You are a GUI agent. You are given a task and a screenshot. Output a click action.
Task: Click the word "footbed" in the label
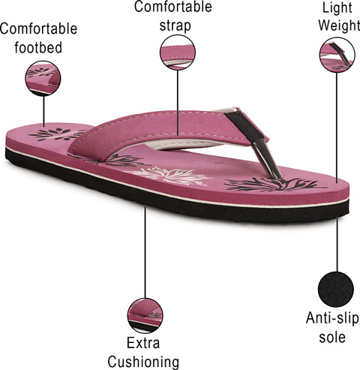(38, 47)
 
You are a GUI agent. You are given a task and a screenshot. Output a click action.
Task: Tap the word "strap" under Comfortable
(175, 26)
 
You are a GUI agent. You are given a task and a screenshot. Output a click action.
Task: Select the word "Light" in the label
(337, 8)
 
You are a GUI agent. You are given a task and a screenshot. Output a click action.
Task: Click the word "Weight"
(339, 25)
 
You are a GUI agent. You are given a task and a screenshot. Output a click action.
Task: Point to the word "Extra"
(143, 342)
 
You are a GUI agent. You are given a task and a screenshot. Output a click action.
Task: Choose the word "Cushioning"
(143, 362)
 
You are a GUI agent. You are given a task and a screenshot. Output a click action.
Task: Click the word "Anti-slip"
(332, 318)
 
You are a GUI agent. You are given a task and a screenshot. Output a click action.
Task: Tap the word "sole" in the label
(332, 337)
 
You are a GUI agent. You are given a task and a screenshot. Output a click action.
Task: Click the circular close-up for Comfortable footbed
(43, 78)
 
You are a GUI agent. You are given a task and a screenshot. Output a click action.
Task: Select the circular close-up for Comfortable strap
(178, 53)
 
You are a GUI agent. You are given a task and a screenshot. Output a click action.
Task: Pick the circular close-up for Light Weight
(337, 55)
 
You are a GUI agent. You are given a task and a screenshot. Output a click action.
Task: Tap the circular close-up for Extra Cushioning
(145, 315)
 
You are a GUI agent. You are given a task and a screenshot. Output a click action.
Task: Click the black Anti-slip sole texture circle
(336, 290)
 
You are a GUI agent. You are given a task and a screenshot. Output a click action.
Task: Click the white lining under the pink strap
(186, 144)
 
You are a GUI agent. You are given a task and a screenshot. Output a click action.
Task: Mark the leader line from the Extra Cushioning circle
(145, 252)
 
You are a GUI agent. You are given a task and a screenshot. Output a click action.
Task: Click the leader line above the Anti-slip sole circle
(337, 245)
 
